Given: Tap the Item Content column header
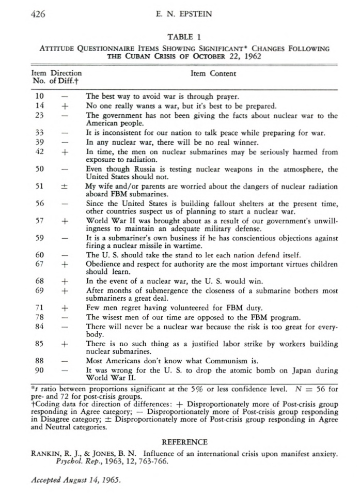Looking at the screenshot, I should [213, 74].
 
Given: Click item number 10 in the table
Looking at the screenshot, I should [39, 96].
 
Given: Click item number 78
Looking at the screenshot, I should [39, 317].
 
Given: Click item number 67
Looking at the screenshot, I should [39, 264].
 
